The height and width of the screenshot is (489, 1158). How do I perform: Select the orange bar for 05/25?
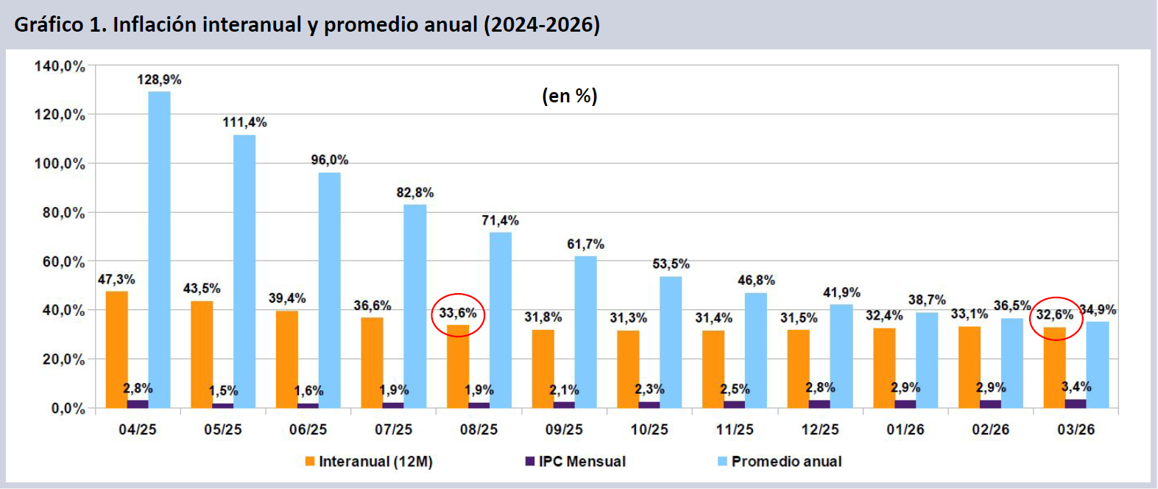[x=202, y=353]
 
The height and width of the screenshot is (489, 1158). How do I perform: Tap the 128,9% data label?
[x=159, y=80]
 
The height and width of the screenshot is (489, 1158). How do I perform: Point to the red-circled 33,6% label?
[x=458, y=314]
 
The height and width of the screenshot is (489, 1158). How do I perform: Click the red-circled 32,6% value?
[x=1055, y=315]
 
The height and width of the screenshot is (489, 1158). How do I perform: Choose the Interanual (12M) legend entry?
[x=369, y=462]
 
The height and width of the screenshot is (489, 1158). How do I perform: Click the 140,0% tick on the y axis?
[x=60, y=66]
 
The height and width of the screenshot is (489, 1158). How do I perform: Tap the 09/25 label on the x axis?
[x=564, y=429]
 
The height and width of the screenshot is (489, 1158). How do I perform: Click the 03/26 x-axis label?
[x=1076, y=429]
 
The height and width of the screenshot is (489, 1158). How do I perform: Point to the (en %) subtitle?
[x=570, y=96]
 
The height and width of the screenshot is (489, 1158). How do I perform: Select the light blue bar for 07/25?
[x=414, y=306]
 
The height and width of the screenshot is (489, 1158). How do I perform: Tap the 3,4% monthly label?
[x=1076, y=387]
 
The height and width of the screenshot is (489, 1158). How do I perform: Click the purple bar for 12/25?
[x=819, y=404]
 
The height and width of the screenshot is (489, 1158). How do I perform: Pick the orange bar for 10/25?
[x=628, y=368]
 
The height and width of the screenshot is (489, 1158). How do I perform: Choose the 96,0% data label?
[x=329, y=160]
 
